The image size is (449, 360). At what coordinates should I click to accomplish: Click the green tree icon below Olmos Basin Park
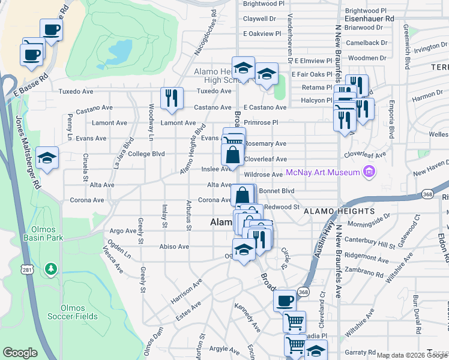click(52, 267)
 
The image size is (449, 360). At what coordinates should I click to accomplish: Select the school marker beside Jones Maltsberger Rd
click(47, 158)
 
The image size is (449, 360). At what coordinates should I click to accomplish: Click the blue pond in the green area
click(120, 53)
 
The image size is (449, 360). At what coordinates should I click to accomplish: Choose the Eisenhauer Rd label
click(369, 19)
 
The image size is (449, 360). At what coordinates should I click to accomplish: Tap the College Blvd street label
click(146, 154)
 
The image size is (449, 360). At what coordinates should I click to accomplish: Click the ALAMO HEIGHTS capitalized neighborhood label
click(339, 212)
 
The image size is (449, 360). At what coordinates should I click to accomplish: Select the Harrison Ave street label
click(185, 290)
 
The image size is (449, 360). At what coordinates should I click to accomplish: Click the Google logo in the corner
click(20, 353)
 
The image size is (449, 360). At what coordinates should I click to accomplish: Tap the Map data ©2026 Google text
click(411, 355)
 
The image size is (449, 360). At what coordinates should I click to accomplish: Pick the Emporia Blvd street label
click(391, 121)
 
